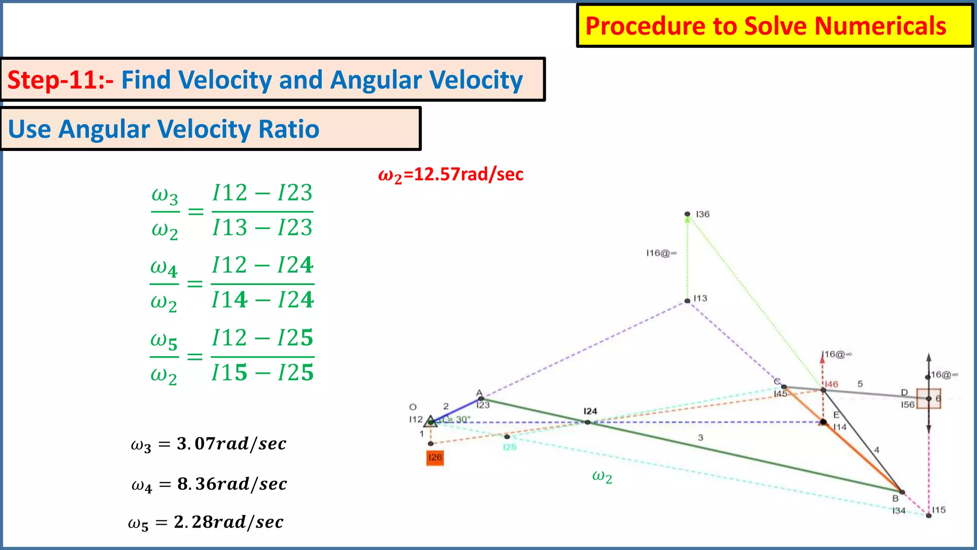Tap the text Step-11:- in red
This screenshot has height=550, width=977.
(60, 80)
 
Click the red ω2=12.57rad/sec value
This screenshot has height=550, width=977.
(450, 175)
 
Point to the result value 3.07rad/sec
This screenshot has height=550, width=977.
(231, 444)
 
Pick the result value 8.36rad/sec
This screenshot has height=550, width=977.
(232, 484)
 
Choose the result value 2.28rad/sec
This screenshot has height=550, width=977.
(229, 522)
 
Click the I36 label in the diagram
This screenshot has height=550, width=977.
(703, 214)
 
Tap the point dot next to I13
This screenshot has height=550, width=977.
(687, 301)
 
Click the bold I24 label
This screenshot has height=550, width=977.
(590, 411)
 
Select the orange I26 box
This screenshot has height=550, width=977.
(435, 457)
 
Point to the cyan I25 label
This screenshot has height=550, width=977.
(509, 447)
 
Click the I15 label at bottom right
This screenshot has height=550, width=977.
(939, 510)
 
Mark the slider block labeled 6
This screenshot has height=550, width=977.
(929, 399)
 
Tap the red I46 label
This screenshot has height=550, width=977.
(831, 384)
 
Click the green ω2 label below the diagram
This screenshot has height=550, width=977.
(602, 476)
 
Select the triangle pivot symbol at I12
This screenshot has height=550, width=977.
(431, 422)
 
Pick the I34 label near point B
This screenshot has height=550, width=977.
(899, 510)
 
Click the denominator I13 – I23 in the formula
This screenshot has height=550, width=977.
(262, 227)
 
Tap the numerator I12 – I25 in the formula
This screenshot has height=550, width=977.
(262, 338)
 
